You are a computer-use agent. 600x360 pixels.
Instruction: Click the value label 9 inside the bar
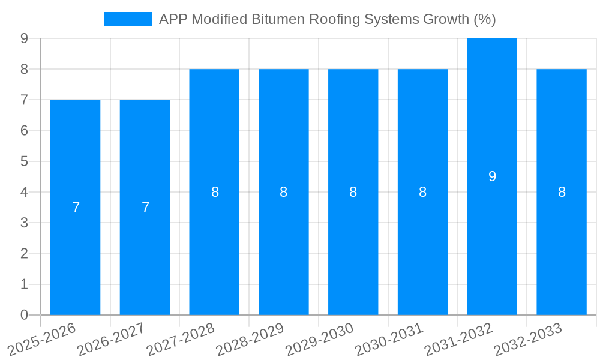pos(492,176)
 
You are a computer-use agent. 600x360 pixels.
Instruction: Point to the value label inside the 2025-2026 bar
pos(76,208)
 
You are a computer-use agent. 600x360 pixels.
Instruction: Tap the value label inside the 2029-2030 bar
pos(353,192)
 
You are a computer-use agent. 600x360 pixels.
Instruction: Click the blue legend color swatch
pos(127,19)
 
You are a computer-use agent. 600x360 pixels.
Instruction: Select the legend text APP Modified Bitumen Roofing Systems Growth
pos(327,19)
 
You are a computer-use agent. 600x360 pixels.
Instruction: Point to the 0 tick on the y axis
pos(24,315)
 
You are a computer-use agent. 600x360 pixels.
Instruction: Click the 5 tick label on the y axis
pos(24,161)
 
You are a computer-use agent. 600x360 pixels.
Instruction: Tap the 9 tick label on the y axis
pos(24,38)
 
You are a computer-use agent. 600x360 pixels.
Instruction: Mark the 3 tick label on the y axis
pos(24,223)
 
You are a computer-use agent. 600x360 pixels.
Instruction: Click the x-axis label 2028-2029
pos(250,340)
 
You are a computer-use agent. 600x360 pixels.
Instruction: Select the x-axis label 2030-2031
pos(389,340)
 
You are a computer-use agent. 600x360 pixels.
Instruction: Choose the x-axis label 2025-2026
pos(42,340)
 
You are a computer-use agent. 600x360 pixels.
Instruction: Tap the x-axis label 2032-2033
pos(528,340)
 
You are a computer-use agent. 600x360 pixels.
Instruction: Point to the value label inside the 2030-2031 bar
pos(422,192)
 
